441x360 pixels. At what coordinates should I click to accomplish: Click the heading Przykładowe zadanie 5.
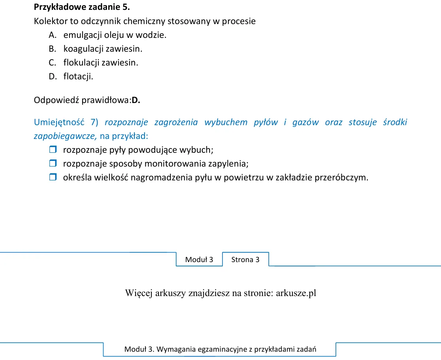pos(82,7)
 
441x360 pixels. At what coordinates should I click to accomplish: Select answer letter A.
pos(53,35)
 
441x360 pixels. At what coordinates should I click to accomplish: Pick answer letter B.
pos(52,49)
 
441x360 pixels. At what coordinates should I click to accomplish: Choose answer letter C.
pos(52,62)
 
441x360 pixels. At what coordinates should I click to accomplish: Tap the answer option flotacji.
pos(78,77)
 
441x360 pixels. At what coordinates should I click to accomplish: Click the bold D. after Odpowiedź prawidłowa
pos(136,100)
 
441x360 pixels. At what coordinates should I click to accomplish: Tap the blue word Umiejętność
pos(59,122)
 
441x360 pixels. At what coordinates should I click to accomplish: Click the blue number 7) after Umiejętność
pos(94,122)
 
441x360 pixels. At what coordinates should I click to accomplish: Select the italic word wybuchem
pos(226,122)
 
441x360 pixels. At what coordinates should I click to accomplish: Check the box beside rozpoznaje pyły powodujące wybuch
pos(53,150)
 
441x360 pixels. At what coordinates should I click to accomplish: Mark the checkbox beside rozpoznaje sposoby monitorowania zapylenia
pos(53,163)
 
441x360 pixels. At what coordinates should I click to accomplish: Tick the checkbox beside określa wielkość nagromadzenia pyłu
pos(53,177)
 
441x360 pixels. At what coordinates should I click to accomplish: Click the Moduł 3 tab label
pos(199,260)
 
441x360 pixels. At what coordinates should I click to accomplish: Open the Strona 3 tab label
pos(245,260)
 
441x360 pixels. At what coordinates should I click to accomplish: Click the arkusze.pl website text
pos(296,293)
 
